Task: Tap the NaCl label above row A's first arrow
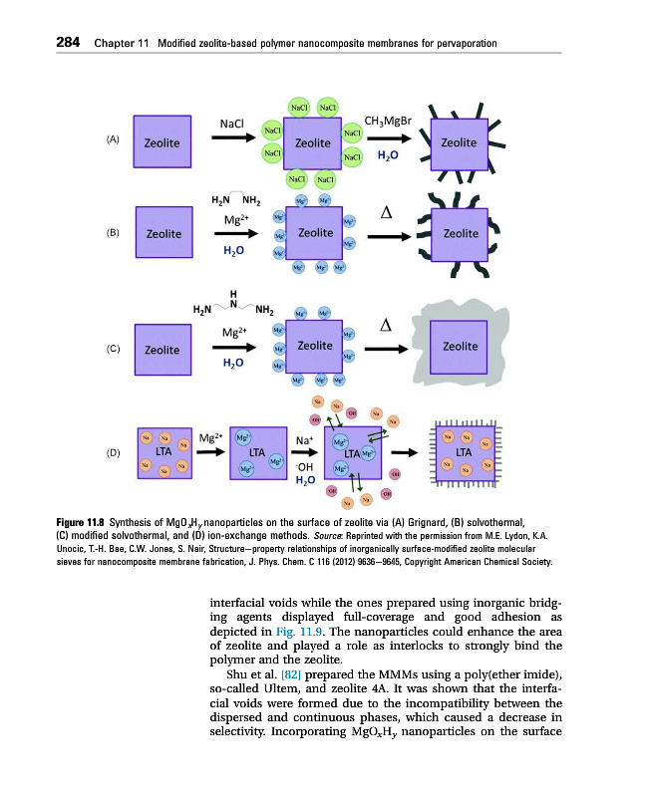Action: [232, 124]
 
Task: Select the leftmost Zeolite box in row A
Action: [162, 143]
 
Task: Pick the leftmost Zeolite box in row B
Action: [163, 234]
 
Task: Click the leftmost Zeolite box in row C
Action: [162, 350]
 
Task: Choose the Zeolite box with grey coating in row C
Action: [460, 345]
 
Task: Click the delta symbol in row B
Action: [386, 211]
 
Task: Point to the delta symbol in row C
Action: [386, 326]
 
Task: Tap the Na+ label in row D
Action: [306, 437]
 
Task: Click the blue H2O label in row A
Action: [388, 156]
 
